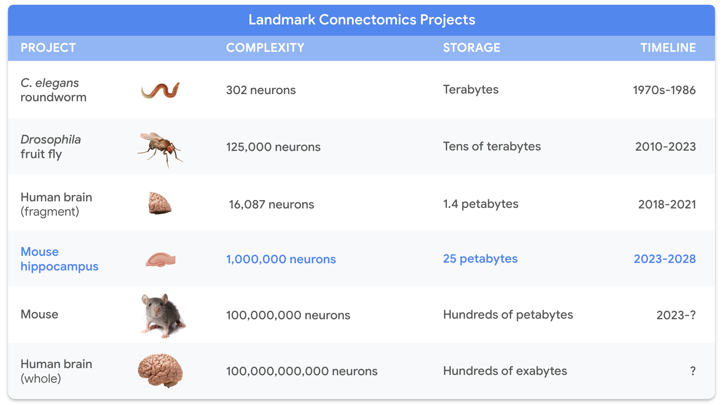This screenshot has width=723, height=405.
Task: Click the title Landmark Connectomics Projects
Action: [x=361, y=20]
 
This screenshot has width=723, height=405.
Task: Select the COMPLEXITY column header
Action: [x=265, y=48]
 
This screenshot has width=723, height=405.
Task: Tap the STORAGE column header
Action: [x=471, y=48]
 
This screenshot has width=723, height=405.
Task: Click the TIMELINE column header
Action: [x=668, y=48]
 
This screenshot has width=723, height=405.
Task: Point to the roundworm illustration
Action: [x=161, y=90]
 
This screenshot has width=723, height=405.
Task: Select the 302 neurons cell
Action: [x=261, y=90]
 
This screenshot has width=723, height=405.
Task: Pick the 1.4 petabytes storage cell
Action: [x=481, y=204]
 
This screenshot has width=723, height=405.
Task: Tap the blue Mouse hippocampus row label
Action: [x=59, y=259]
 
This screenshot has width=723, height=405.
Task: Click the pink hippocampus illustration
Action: [x=161, y=259]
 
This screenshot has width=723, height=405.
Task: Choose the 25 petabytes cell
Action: [x=480, y=258]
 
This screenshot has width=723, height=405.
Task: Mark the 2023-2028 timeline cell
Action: [x=664, y=259]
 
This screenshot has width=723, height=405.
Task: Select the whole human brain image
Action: [x=161, y=370]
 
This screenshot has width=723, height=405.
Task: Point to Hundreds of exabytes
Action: [x=505, y=371]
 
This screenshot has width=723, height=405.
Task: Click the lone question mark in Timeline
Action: [x=693, y=371]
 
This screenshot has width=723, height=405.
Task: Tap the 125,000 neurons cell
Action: [x=273, y=147]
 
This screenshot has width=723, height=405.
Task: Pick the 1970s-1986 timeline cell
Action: [x=664, y=90]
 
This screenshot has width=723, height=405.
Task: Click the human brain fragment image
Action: [x=160, y=203]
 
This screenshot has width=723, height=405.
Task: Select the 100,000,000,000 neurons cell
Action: [x=302, y=371]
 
